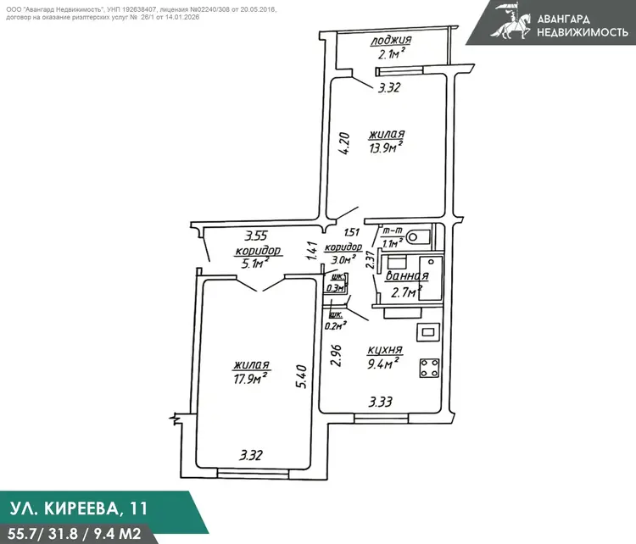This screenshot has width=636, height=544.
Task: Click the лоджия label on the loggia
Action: tap(391, 41)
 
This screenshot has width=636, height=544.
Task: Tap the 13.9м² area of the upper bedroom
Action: tap(386, 147)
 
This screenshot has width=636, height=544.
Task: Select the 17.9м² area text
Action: tap(250, 379)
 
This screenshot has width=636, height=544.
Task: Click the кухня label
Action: tap(384, 349)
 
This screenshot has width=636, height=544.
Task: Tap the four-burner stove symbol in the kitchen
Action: tap(429, 368)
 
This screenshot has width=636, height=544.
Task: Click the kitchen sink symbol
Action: tap(428, 332)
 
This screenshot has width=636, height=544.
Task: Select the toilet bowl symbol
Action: tap(417, 236)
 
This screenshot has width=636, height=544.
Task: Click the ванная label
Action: tap(406, 276)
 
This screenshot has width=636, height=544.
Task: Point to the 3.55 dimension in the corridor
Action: tap(255, 236)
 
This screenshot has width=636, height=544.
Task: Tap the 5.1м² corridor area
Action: tap(255, 264)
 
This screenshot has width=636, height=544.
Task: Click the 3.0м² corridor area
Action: tap(341, 259)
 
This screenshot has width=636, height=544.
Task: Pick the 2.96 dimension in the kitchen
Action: tap(336, 356)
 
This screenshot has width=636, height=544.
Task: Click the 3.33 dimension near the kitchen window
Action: tap(380, 402)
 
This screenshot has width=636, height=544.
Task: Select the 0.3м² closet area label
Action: tap(336, 288)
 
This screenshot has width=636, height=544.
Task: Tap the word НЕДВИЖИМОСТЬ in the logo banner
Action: tap(583, 32)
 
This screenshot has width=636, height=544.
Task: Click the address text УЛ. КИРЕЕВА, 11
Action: tap(78, 508)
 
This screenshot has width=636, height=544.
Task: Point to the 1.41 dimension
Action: tap(312, 252)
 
